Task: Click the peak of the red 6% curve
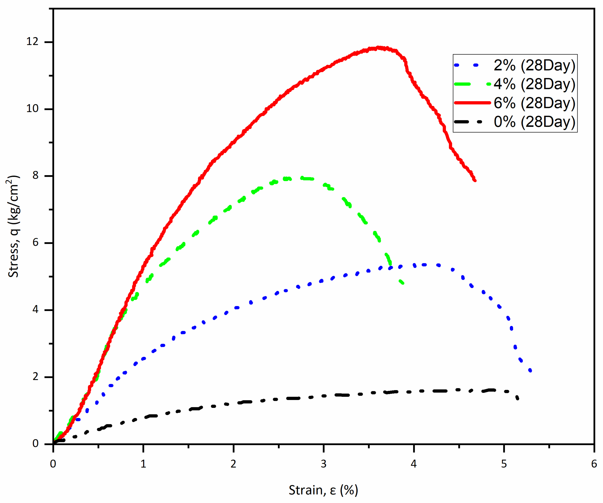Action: [x=379, y=48]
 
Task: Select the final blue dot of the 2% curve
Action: [x=530, y=370]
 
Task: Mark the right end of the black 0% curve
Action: [x=517, y=398]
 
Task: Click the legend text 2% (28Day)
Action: [x=534, y=65]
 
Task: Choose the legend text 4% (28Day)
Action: [x=534, y=84]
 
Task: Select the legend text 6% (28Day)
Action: [x=534, y=103]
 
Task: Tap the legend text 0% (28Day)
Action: [x=534, y=122]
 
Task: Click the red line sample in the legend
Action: [x=472, y=103]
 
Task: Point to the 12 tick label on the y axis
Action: [x=32, y=42]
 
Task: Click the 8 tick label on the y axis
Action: [x=35, y=175]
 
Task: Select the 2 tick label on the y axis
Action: [x=35, y=376]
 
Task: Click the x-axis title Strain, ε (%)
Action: [x=323, y=490]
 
